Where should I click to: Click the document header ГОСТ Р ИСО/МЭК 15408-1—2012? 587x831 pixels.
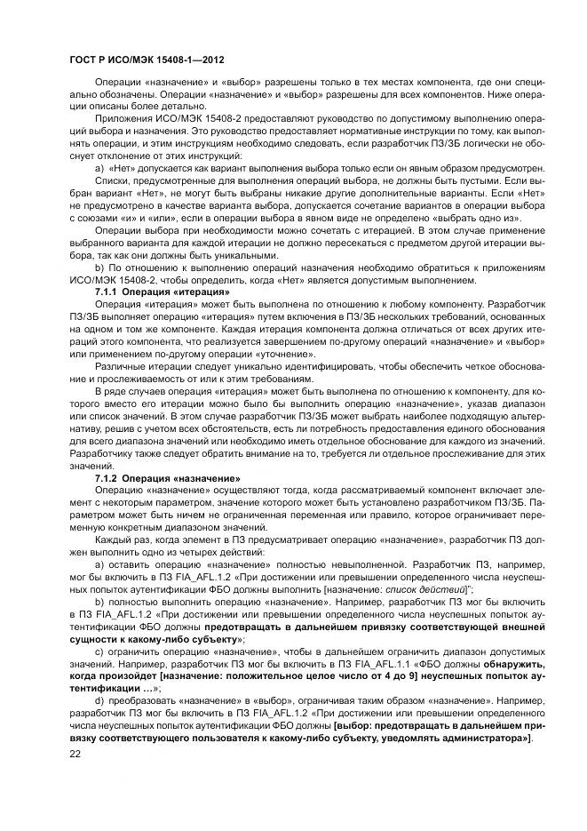point(141,58)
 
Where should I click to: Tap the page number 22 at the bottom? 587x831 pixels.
point(75,754)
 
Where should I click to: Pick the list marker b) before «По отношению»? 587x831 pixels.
point(99,266)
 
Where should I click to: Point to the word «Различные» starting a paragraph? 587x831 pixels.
point(123,367)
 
